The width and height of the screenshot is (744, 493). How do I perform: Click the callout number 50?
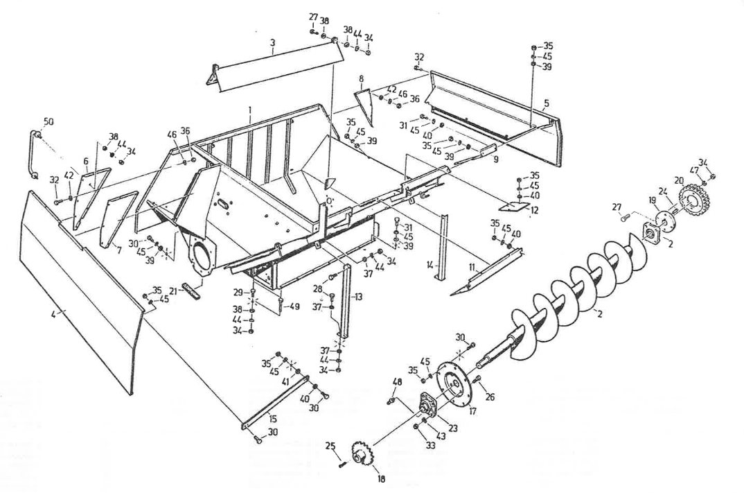tap(48, 121)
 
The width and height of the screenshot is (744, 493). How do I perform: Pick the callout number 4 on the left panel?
tap(54, 313)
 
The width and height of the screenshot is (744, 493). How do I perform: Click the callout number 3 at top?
tap(272, 43)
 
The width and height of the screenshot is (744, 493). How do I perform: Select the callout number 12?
tap(535, 209)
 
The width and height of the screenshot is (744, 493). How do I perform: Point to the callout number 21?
tap(174, 290)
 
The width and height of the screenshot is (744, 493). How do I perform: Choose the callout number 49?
tap(294, 306)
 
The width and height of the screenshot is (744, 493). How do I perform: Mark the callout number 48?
tap(397, 382)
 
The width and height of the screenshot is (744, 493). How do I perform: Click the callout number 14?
tap(430, 265)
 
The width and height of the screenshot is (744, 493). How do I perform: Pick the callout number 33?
tap(430, 445)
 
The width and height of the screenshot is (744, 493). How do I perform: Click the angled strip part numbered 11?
tap(486, 272)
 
